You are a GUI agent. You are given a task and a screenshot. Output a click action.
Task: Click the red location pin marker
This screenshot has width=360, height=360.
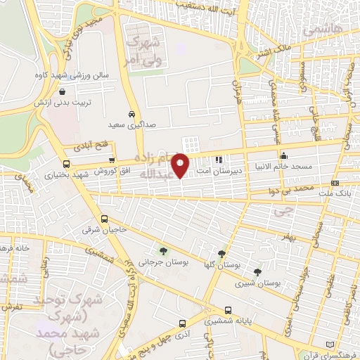click(x=181, y=165)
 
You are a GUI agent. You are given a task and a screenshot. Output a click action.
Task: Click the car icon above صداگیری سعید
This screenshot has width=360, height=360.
click(x=131, y=113)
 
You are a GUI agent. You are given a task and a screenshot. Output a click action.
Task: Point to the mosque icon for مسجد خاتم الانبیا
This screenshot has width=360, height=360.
click(x=283, y=156)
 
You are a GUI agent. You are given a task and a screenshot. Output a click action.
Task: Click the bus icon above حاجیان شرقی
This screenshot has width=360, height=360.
click(x=105, y=219)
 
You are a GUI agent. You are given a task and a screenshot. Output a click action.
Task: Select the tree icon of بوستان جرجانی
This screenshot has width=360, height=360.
click(x=163, y=250)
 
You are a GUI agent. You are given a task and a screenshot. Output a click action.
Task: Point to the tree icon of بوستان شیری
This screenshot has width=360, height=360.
click(x=257, y=271)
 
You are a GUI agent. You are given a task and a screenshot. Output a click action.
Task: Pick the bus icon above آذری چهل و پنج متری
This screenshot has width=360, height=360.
click(x=183, y=324)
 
